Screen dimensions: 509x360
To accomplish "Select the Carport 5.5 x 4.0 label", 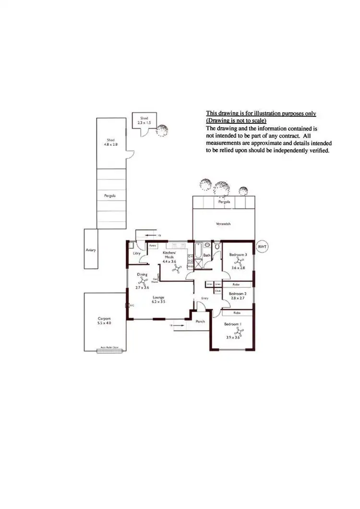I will [105, 321].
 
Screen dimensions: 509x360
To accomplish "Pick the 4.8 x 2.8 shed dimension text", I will [111, 143].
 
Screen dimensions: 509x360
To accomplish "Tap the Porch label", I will [201, 322].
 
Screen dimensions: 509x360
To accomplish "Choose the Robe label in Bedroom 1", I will [237, 313].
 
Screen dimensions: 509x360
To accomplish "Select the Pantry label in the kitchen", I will [153, 246].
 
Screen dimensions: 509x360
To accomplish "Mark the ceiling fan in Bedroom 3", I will [238, 261].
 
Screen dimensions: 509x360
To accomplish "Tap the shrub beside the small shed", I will [163, 130].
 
